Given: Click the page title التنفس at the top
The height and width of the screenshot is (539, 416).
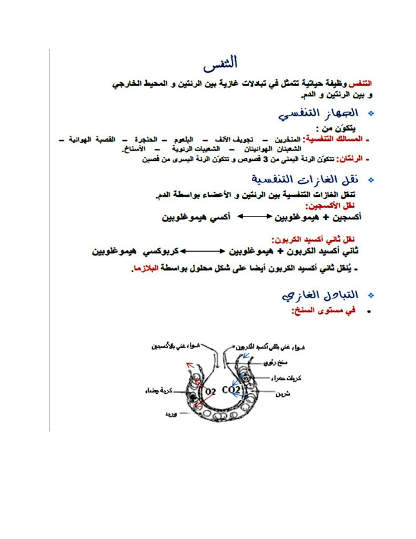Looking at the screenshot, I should tap(221, 63).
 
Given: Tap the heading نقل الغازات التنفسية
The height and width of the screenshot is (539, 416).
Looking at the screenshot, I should tap(308, 180).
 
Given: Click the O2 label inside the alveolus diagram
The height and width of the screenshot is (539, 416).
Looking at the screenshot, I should tap(211, 391).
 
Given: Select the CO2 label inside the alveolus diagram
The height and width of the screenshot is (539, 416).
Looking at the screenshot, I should tap(230, 390).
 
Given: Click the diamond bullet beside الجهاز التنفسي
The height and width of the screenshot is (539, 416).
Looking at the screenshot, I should tap(372, 114).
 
